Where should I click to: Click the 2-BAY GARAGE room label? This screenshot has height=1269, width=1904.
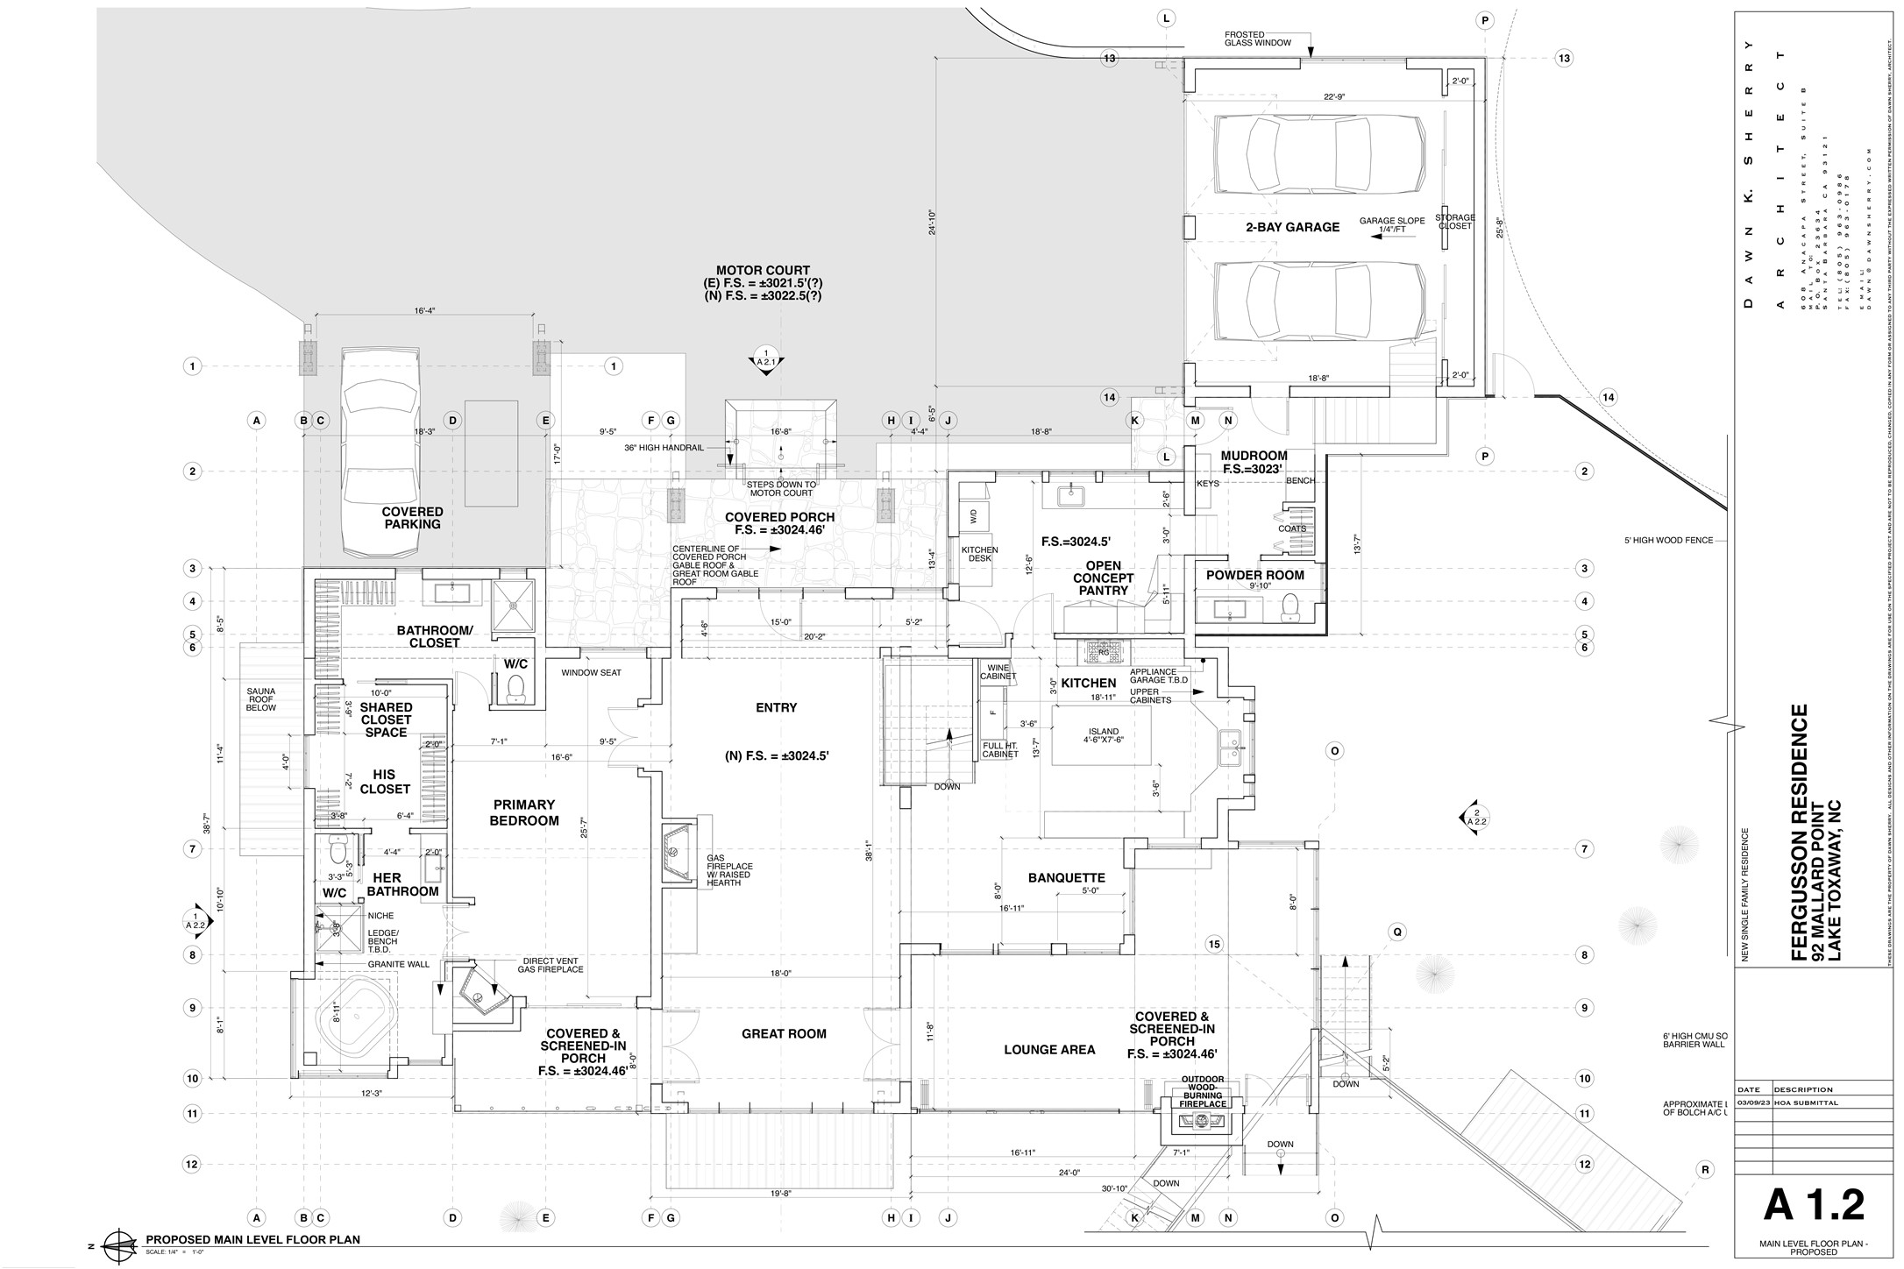pyautogui.click(x=1292, y=227)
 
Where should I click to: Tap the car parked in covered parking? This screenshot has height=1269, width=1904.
pyautogui.click(x=382, y=452)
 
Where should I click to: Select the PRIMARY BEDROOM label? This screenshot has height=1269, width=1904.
pyautogui.click(x=523, y=812)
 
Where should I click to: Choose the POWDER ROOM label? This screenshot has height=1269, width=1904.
pyautogui.click(x=1254, y=576)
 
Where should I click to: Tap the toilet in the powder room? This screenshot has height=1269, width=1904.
pyautogui.click(x=1289, y=606)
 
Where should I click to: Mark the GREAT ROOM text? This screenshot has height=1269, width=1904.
pyautogui.click(x=784, y=1034)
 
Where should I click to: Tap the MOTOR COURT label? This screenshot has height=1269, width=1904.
pyautogui.click(x=763, y=271)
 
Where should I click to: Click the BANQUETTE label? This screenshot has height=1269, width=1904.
pyautogui.click(x=1066, y=878)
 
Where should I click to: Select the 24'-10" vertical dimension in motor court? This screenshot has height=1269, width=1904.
pyautogui.click(x=932, y=222)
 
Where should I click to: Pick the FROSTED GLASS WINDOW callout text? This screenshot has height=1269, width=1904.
pyautogui.click(x=1258, y=39)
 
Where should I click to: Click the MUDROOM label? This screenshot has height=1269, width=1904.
pyautogui.click(x=1254, y=456)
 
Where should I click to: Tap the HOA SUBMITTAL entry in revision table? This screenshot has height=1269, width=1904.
pyautogui.click(x=1800, y=1103)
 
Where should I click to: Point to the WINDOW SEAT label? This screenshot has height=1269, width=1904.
pyautogui.click(x=592, y=673)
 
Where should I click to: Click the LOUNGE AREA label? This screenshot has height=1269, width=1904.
pyautogui.click(x=1049, y=1050)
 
